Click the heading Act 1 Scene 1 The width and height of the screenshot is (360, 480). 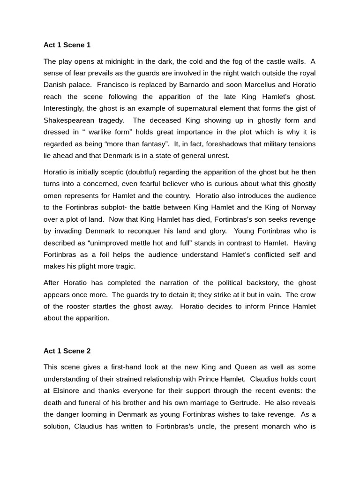click(67, 45)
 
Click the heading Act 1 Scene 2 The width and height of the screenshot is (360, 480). click(67, 351)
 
